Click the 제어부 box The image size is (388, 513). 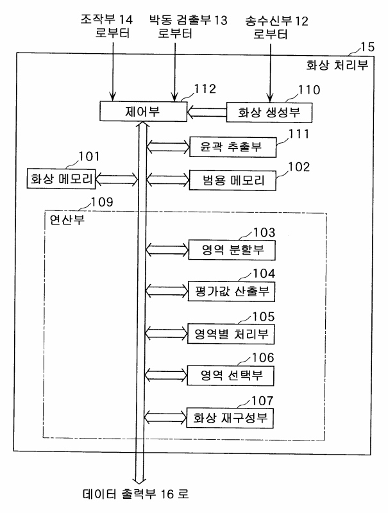(142, 113)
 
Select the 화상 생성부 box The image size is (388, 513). (269, 113)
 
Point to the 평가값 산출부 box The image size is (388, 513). (232, 292)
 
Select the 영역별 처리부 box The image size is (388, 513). (232, 333)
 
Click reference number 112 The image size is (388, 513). (201, 89)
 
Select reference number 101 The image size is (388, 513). (89, 156)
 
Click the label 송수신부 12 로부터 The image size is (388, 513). (276, 28)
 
